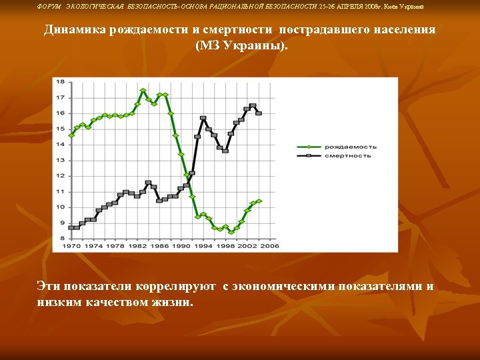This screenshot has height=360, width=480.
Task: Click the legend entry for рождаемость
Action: pos(350,147)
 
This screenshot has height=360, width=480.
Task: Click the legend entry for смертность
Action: pos(347,155)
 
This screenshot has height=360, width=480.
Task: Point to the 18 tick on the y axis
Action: pos(60,82)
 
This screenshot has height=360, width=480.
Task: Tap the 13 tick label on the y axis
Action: pos(60,160)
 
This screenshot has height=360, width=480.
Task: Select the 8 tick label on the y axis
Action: pos(62,238)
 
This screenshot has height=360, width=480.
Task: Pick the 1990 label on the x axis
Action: pos(182,246)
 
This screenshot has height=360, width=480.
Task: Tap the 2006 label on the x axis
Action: pos(269,246)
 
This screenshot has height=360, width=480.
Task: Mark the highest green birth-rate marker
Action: pos(143,91)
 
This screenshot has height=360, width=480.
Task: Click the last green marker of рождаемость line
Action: pos(259,201)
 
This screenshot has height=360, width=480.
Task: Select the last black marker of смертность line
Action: pos(259,113)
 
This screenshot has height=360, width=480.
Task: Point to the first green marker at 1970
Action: pos(71,135)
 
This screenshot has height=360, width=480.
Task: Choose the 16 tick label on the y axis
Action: pos(60,113)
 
